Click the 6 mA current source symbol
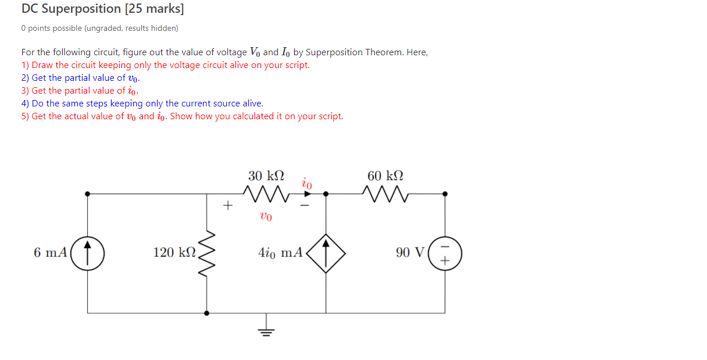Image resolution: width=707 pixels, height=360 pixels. coord(87,252)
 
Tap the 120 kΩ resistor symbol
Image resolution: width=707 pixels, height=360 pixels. coord(207,252)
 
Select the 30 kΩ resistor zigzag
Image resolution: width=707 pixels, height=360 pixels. coord(266,193)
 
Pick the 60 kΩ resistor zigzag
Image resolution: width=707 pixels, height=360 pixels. coord(385,193)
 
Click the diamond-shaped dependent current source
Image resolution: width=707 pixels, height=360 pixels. coord(326,252)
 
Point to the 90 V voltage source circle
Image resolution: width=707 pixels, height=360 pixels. coord(445,252)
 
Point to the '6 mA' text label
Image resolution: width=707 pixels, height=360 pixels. coord(50,252)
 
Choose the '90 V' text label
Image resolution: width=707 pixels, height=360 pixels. coord(410,252)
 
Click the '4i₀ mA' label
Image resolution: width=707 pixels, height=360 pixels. coord(280,252)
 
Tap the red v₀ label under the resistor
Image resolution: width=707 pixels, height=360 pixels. coord(266,216)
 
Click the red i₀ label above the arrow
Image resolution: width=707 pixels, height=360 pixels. coord(307,183)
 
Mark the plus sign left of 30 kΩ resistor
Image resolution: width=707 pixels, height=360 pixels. coord(228,205)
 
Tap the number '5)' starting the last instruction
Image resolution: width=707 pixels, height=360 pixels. coord(25,116)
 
